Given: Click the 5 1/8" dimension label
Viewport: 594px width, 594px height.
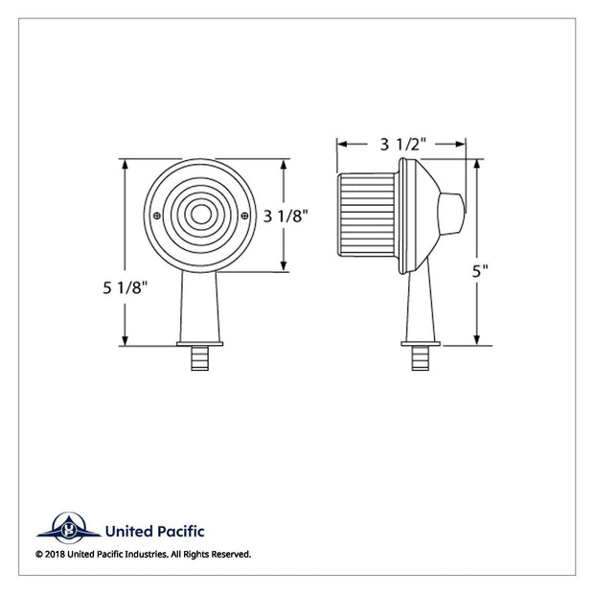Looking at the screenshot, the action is [x=125, y=288].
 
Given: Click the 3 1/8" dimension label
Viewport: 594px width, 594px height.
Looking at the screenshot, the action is [x=286, y=217].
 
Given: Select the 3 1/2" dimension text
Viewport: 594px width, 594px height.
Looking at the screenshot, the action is [x=403, y=145].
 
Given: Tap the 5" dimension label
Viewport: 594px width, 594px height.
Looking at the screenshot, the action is [x=480, y=271].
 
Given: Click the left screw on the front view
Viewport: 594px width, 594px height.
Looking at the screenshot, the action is [x=157, y=216].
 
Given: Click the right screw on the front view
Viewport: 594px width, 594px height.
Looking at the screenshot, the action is [x=244, y=216].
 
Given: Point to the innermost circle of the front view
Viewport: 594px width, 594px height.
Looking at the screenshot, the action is [x=201, y=215].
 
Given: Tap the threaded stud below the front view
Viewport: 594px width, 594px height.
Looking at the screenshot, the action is [x=199, y=358].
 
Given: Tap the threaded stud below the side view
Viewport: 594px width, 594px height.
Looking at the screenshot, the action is [x=421, y=358].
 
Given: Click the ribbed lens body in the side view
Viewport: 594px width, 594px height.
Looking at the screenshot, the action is [x=367, y=215].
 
